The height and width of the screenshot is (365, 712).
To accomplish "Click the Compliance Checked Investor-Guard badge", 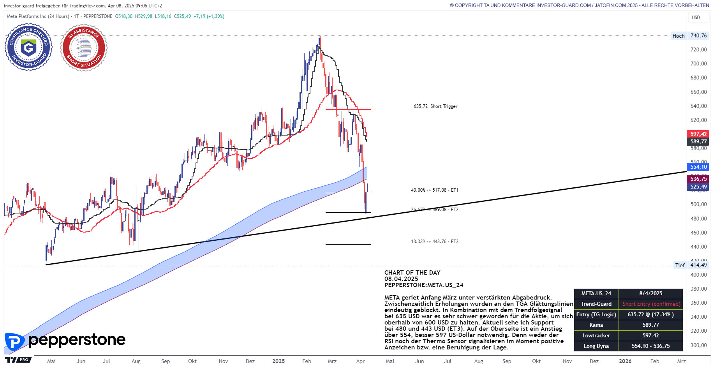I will (28, 47).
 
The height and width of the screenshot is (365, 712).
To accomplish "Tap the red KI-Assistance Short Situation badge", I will (83, 48).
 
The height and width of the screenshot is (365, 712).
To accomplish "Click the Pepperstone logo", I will (65, 341).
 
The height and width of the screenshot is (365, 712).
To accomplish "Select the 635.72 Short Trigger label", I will (435, 106).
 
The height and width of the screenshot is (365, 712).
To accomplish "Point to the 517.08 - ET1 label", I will (434, 190).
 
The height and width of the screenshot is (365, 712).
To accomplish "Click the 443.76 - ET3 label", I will (434, 242).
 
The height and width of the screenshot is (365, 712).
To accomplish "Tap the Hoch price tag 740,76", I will (698, 36).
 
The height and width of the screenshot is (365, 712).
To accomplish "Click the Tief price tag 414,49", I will (698, 265).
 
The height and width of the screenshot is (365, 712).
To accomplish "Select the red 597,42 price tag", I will (698, 134).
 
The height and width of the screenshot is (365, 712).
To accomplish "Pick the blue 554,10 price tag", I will (698, 167).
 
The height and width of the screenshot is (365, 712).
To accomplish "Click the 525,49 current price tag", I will (698, 187).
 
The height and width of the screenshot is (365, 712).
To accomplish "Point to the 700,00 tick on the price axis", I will (698, 63).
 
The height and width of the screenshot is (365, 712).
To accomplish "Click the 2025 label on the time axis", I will (278, 361).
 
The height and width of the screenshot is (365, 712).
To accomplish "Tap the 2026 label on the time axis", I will (625, 361).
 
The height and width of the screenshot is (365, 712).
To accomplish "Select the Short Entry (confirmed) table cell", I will (651, 304).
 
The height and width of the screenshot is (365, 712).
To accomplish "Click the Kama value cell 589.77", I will (651, 325).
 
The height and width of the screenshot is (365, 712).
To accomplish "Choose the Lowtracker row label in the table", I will (596, 335).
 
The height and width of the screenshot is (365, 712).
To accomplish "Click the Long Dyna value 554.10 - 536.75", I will (651, 346).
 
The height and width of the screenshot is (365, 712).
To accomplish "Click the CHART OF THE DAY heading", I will (412, 273).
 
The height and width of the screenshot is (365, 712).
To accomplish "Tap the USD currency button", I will (696, 17).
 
